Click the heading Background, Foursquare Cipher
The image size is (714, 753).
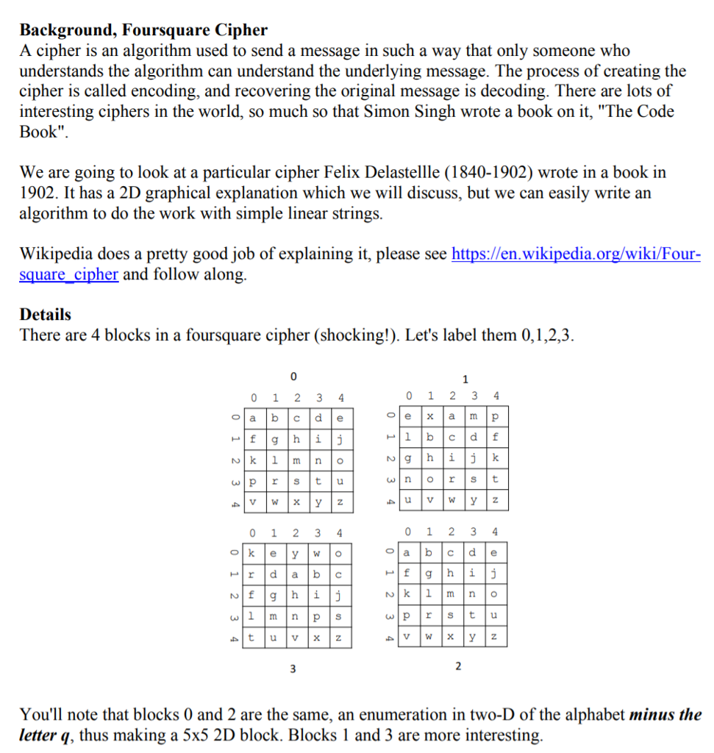click(143, 30)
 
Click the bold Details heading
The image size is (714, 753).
click(46, 314)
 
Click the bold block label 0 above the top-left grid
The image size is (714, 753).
click(293, 376)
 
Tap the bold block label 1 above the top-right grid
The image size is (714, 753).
click(465, 379)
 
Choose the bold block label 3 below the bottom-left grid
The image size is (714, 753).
click(293, 668)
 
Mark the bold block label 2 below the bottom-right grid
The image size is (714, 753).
click(458, 666)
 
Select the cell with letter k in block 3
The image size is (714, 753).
click(252, 552)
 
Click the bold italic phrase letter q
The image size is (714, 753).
click(49, 735)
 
